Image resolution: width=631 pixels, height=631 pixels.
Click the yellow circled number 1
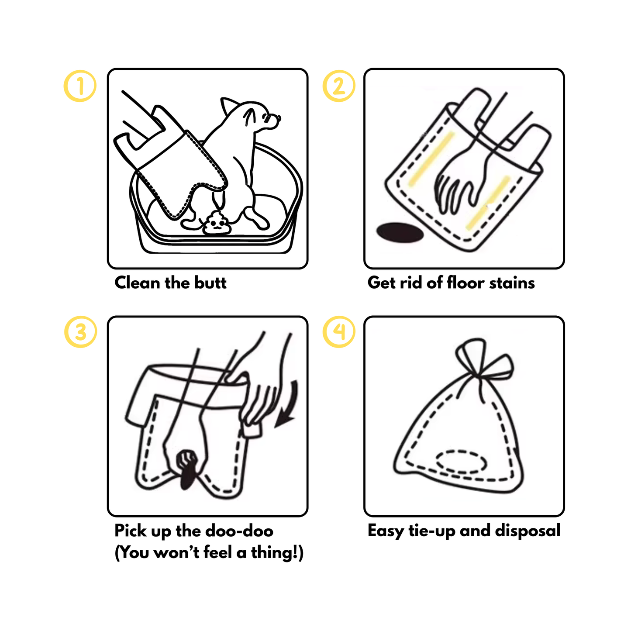80,86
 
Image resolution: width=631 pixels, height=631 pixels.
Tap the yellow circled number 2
338,86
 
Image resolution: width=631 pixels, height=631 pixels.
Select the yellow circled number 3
80,332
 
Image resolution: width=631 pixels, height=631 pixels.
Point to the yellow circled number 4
338,332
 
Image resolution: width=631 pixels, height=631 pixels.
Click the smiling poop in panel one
216,224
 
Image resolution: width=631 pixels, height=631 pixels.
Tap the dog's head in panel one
258,116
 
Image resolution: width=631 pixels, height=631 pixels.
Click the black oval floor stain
400,232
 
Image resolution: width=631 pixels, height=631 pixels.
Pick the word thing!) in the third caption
276,552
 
